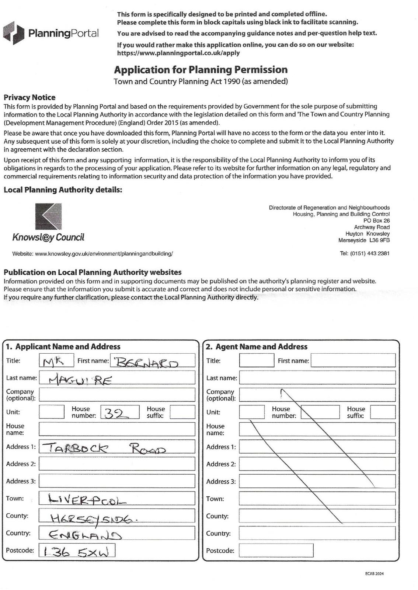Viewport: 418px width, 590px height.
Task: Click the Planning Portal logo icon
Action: tap(14, 33)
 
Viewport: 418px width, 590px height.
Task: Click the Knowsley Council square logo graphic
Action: tap(48, 216)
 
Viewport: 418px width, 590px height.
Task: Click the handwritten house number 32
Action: tap(116, 414)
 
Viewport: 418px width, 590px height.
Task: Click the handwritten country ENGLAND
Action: tap(85, 535)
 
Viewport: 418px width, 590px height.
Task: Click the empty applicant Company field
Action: tap(117, 395)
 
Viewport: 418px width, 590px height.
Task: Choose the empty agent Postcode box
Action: tap(276, 551)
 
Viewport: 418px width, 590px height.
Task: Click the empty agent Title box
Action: tap(257, 360)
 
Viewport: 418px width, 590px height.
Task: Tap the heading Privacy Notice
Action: tap(29, 97)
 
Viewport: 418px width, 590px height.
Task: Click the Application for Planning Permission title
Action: tap(201, 70)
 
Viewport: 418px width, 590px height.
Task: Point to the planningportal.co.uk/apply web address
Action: tap(178, 53)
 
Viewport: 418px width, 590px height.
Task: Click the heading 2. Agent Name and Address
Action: tap(257, 347)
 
